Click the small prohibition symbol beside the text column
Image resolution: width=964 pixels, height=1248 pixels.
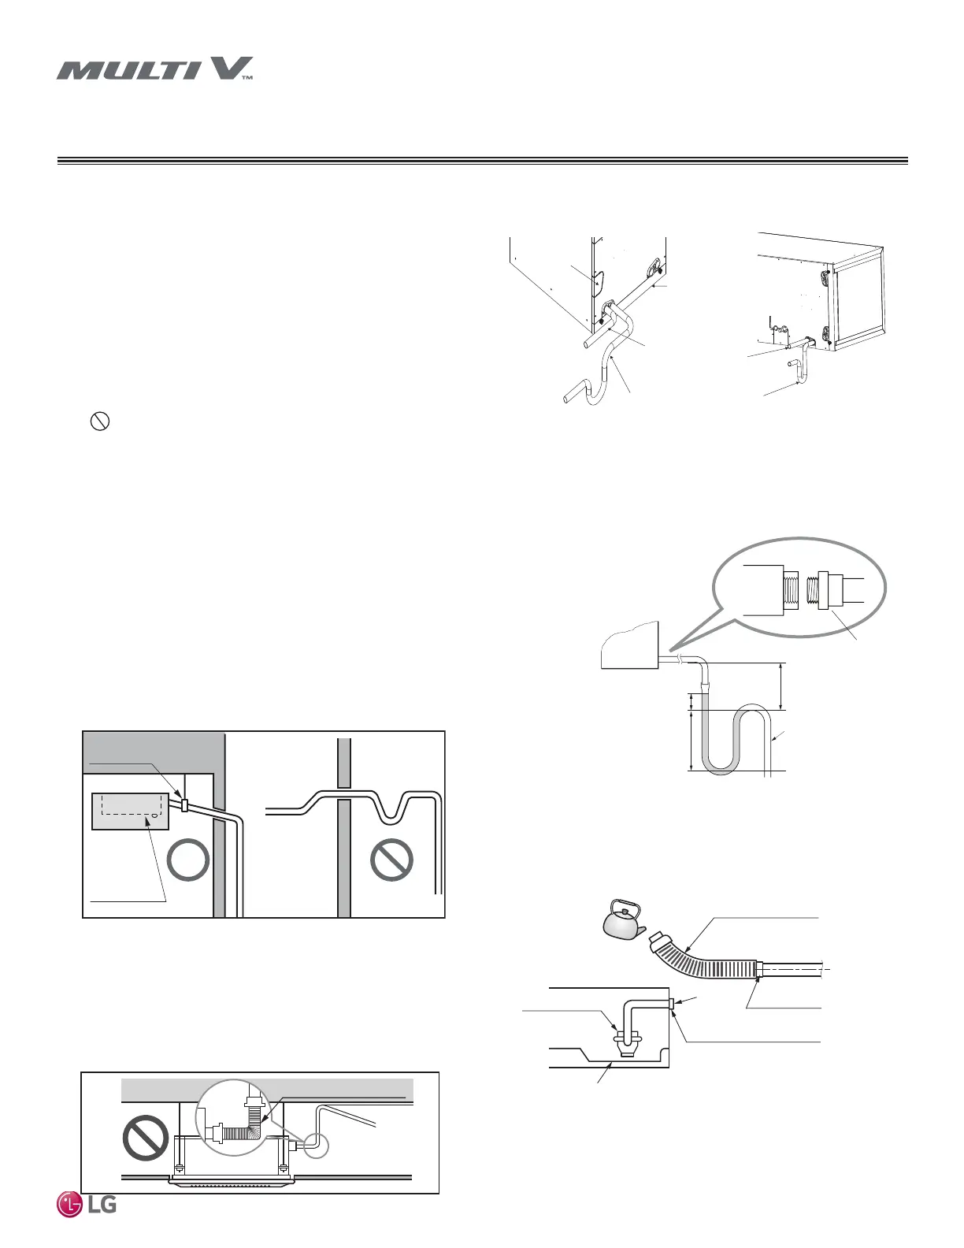100,422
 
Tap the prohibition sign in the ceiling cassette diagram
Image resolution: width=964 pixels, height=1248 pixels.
146,1138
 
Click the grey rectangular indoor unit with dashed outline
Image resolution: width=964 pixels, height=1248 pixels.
131,811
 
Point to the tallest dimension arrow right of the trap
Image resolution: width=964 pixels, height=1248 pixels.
780,686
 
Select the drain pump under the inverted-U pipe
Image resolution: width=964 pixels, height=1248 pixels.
626,1044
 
